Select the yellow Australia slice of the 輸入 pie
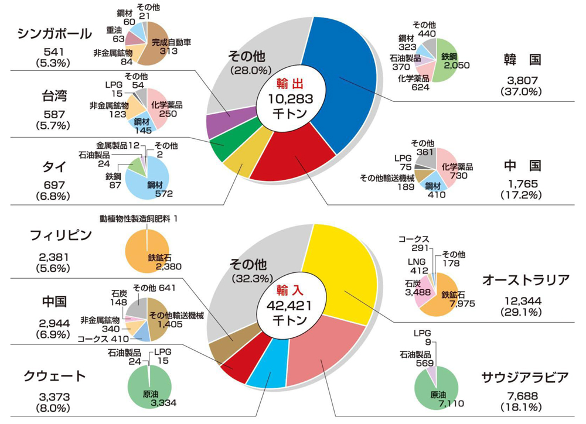click(x=346, y=275)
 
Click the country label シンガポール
click(x=54, y=33)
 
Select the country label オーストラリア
click(x=525, y=281)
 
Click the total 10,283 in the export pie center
click(x=288, y=98)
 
